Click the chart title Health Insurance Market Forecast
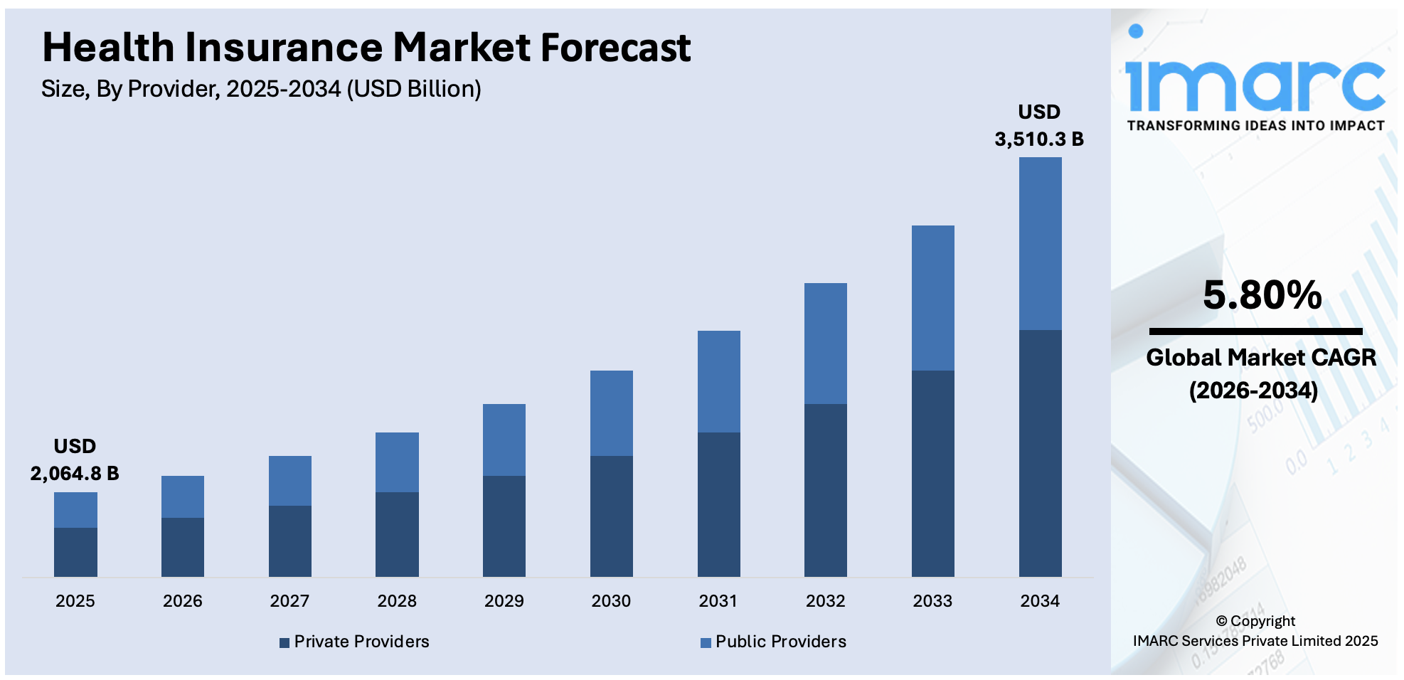(366, 48)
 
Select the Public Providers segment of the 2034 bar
(1040, 243)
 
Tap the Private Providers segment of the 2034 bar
(1040, 453)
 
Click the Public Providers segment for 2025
(75, 509)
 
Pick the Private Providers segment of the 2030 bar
(611, 516)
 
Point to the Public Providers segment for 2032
(825, 344)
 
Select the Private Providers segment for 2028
(397, 533)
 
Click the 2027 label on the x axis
(289, 601)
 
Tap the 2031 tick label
(718, 601)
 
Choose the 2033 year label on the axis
(932, 601)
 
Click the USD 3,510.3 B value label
(1039, 126)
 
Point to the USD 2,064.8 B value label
(75, 460)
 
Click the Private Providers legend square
(284, 642)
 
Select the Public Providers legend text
(780, 642)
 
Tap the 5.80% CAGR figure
(1262, 294)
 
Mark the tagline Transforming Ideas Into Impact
(1255, 126)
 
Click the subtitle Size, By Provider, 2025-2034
(261, 89)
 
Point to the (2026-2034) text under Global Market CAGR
(1253, 390)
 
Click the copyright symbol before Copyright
(1221, 621)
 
